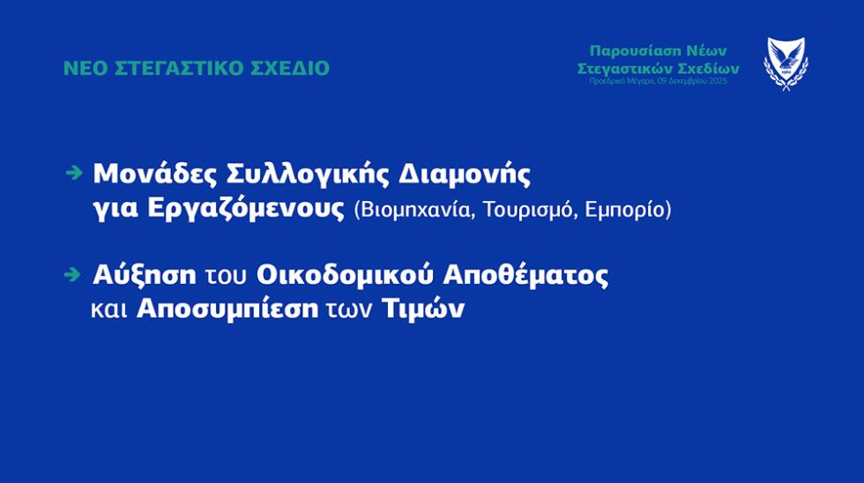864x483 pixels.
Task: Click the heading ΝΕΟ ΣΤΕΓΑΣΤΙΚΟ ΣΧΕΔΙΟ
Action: (x=196, y=68)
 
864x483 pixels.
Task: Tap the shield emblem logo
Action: (x=786, y=63)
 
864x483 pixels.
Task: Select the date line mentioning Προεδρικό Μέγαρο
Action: (x=659, y=81)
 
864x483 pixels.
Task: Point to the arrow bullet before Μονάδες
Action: (x=74, y=173)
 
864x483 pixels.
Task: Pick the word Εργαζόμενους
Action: (x=255, y=211)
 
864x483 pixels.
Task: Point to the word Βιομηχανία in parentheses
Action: (x=409, y=212)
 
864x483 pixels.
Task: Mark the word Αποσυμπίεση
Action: (x=227, y=310)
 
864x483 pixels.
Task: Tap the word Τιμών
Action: (x=423, y=310)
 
